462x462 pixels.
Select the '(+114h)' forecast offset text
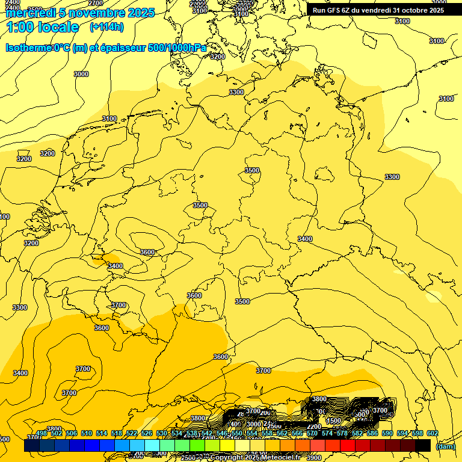coord(106,27)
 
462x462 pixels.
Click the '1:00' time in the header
coord(20,27)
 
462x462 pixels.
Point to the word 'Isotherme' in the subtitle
coord(29,48)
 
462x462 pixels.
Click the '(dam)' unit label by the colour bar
coord(445,446)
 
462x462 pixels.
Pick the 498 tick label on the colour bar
coord(42,433)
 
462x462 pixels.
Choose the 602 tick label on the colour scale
coord(433,433)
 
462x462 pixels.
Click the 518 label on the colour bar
coord(117,433)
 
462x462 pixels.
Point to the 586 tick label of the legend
coord(372,433)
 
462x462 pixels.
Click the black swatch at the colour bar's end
coord(423,445)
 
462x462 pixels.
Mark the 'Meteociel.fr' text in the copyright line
coord(280,458)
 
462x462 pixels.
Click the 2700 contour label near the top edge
coord(95,3)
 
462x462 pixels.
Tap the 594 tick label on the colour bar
coord(402,433)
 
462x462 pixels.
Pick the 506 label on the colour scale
coord(72,433)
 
